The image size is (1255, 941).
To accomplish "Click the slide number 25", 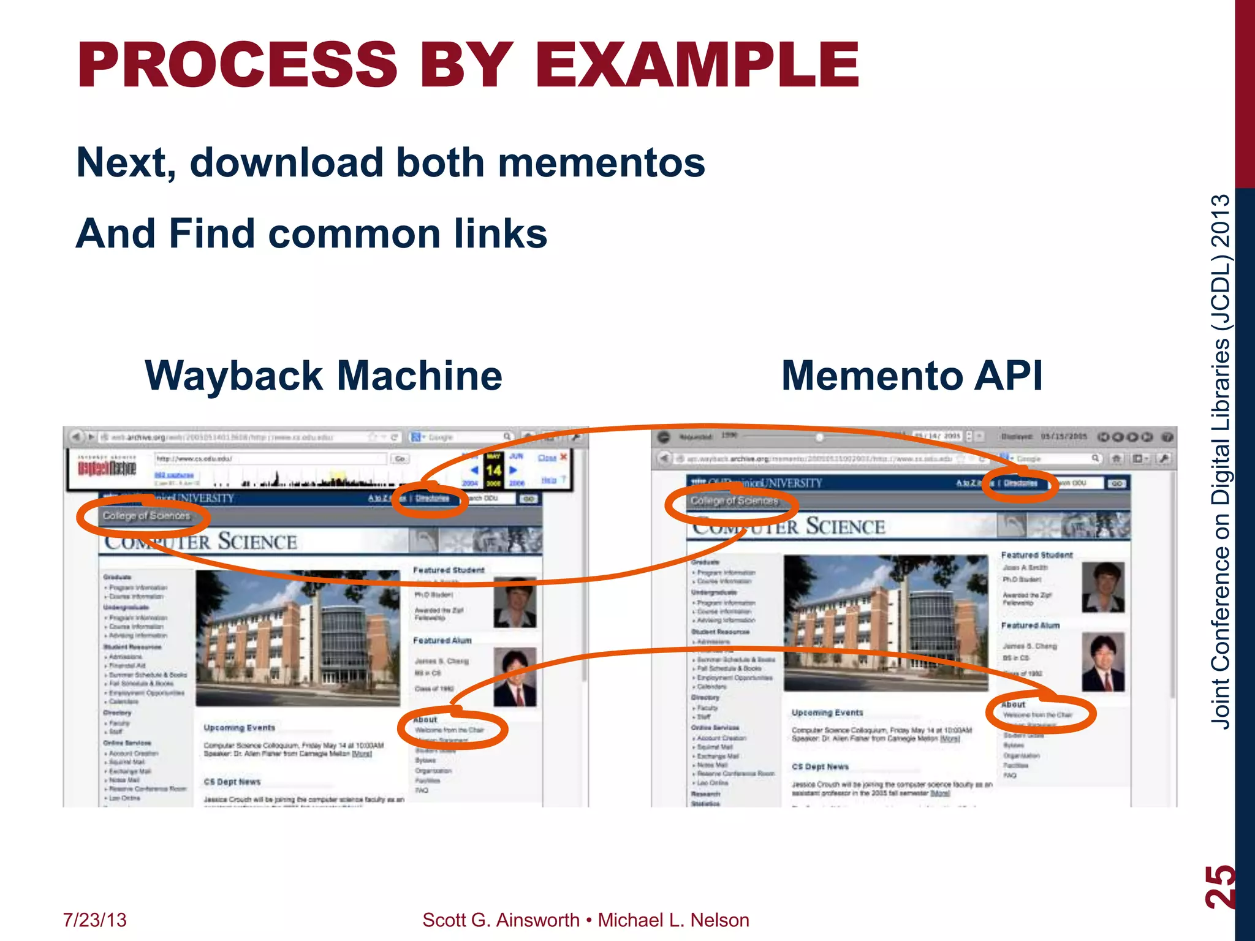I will (x=1219, y=886).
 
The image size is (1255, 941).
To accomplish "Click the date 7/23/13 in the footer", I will (x=95, y=920).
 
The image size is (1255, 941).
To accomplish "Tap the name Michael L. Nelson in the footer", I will (x=673, y=920).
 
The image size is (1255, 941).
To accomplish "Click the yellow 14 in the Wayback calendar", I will (x=494, y=470).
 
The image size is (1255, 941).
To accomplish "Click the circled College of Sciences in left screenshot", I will (x=146, y=516).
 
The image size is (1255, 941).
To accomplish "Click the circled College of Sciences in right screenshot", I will (x=734, y=501).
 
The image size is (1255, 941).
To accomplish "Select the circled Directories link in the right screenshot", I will (x=1020, y=483).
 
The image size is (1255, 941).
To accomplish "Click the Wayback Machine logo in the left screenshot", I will (x=107, y=469).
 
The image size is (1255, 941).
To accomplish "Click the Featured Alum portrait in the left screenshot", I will (x=515, y=676).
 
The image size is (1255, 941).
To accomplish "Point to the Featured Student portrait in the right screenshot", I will (x=1103, y=587).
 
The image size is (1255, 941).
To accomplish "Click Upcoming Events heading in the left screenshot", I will (x=240, y=728).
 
